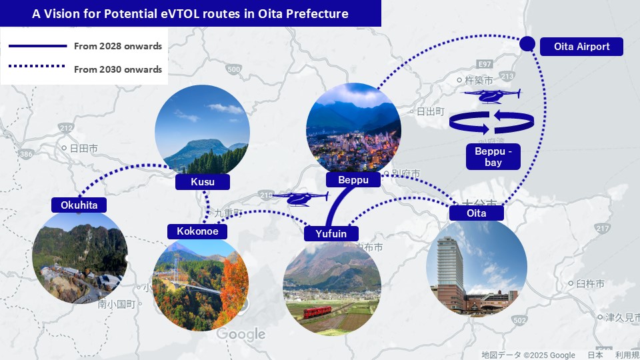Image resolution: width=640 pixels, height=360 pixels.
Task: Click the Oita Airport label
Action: pyautogui.click(x=581, y=47)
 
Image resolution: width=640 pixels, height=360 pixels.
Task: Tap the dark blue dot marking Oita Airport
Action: pyautogui.click(x=527, y=44)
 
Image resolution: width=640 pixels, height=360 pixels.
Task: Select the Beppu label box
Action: pyautogui.click(x=353, y=180)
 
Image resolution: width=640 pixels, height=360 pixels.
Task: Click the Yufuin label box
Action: pyautogui.click(x=331, y=233)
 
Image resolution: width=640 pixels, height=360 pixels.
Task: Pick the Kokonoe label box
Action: pyautogui.click(x=197, y=231)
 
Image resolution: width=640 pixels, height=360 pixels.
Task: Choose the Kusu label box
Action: pyautogui.click(x=203, y=181)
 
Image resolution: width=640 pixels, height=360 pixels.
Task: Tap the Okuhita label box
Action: pyautogui.click(x=79, y=205)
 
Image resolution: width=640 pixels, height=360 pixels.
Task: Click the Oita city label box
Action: pyautogui.click(x=477, y=213)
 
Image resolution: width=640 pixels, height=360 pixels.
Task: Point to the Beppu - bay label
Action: pyautogui.click(x=493, y=157)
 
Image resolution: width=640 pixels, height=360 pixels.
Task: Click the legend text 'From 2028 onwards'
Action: pyautogui.click(x=117, y=47)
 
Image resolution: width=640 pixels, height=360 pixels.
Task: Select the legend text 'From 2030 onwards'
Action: pyautogui.click(x=117, y=69)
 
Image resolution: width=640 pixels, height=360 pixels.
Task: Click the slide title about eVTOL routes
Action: pyautogui.click(x=190, y=13)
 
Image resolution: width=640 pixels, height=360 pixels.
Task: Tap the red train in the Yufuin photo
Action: pyautogui.click(x=321, y=312)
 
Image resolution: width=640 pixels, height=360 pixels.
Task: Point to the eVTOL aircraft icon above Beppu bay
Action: pyautogui.click(x=492, y=96)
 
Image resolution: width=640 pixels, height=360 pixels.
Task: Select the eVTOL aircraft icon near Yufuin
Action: pyautogui.click(x=300, y=198)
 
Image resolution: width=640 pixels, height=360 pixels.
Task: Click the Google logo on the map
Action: pyautogui.click(x=241, y=334)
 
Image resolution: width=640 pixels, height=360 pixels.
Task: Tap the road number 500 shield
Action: pyautogui.click(x=233, y=69)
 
